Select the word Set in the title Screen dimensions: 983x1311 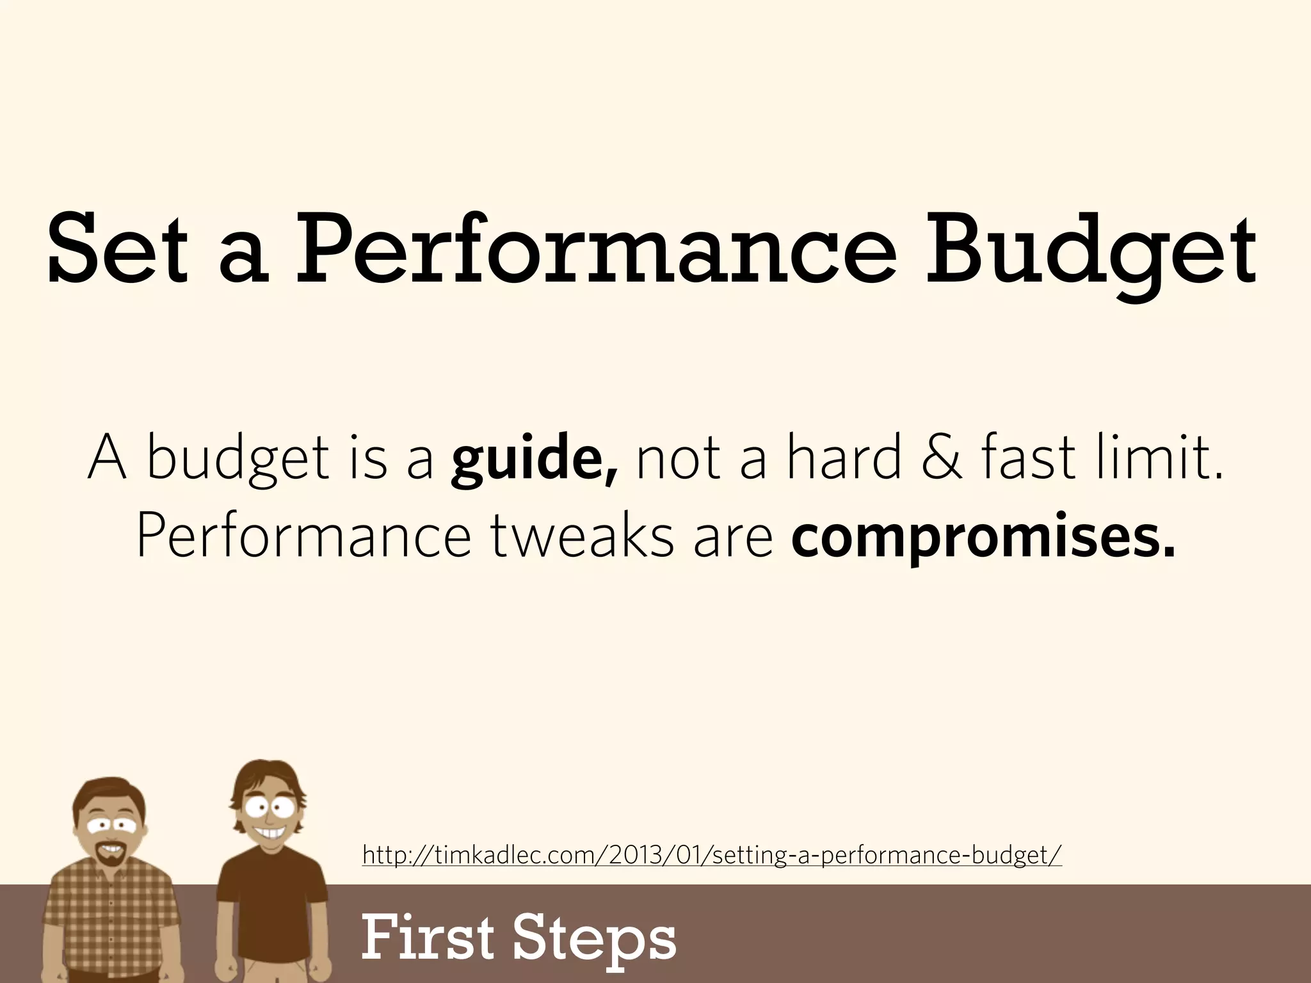click(x=117, y=251)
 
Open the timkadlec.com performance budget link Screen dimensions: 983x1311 click(x=711, y=854)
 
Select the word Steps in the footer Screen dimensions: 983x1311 click(x=595, y=938)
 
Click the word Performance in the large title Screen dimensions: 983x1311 click(x=595, y=251)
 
